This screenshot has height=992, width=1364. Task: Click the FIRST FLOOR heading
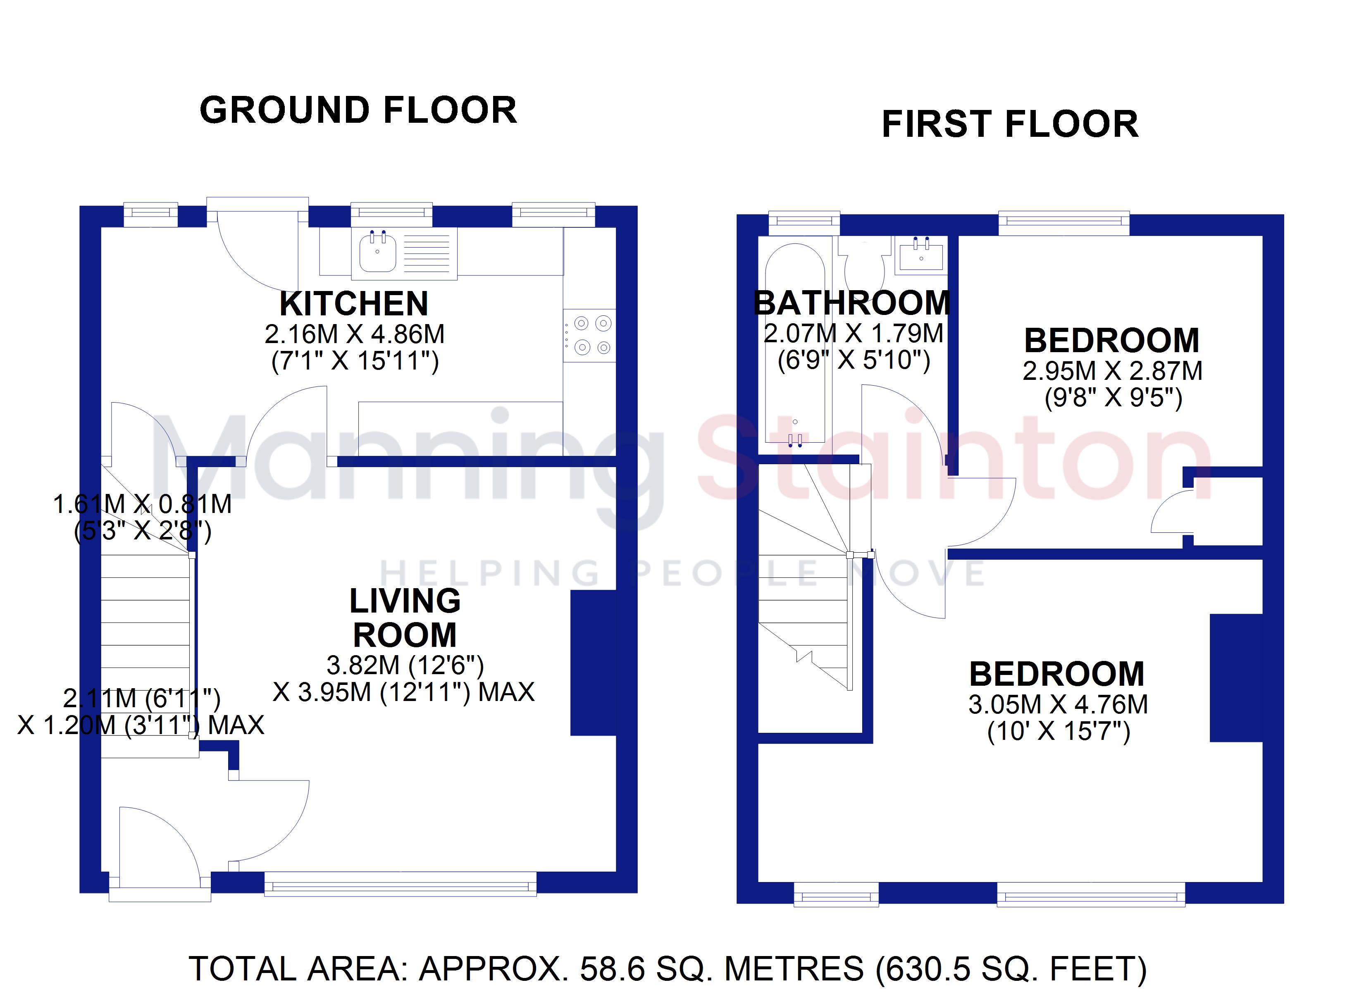1010,124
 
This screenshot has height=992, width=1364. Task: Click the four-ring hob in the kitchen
589,336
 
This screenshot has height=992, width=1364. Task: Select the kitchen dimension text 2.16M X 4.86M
355,334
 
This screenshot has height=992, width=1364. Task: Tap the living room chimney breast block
593,662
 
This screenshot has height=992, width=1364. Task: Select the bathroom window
804,223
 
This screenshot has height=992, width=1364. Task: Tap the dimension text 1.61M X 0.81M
143,504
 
